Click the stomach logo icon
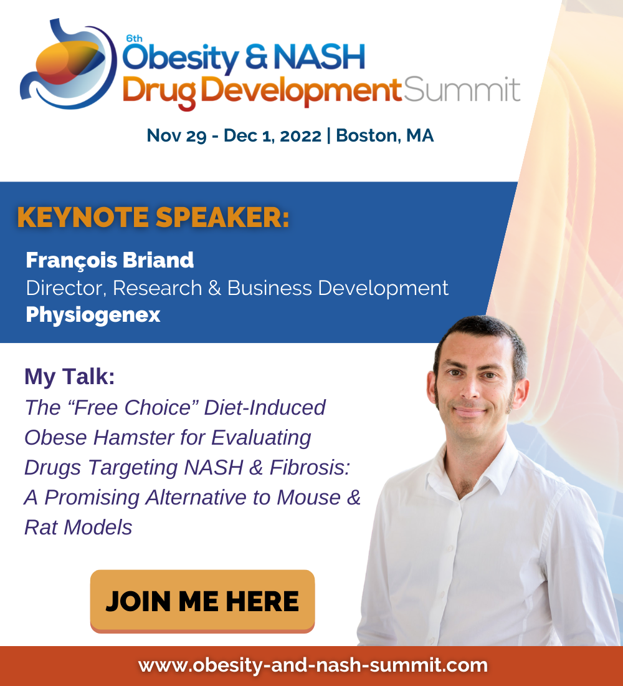pyautogui.click(x=68, y=64)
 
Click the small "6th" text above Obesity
pyautogui.click(x=134, y=39)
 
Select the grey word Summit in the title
pyautogui.click(x=462, y=90)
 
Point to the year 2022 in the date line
pyautogui.click(x=301, y=135)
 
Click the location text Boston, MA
pyautogui.click(x=385, y=135)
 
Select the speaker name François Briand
pyautogui.click(x=110, y=260)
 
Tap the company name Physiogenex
pyautogui.click(x=93, y=315)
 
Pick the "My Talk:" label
pyautogui.click(x=70, y=377)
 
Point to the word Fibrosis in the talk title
pyautogui.click(x=310, y=467)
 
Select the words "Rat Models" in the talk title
pyautogui.click(x=78, y=527)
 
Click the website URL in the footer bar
pyautogui.click(x=313, y=665)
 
